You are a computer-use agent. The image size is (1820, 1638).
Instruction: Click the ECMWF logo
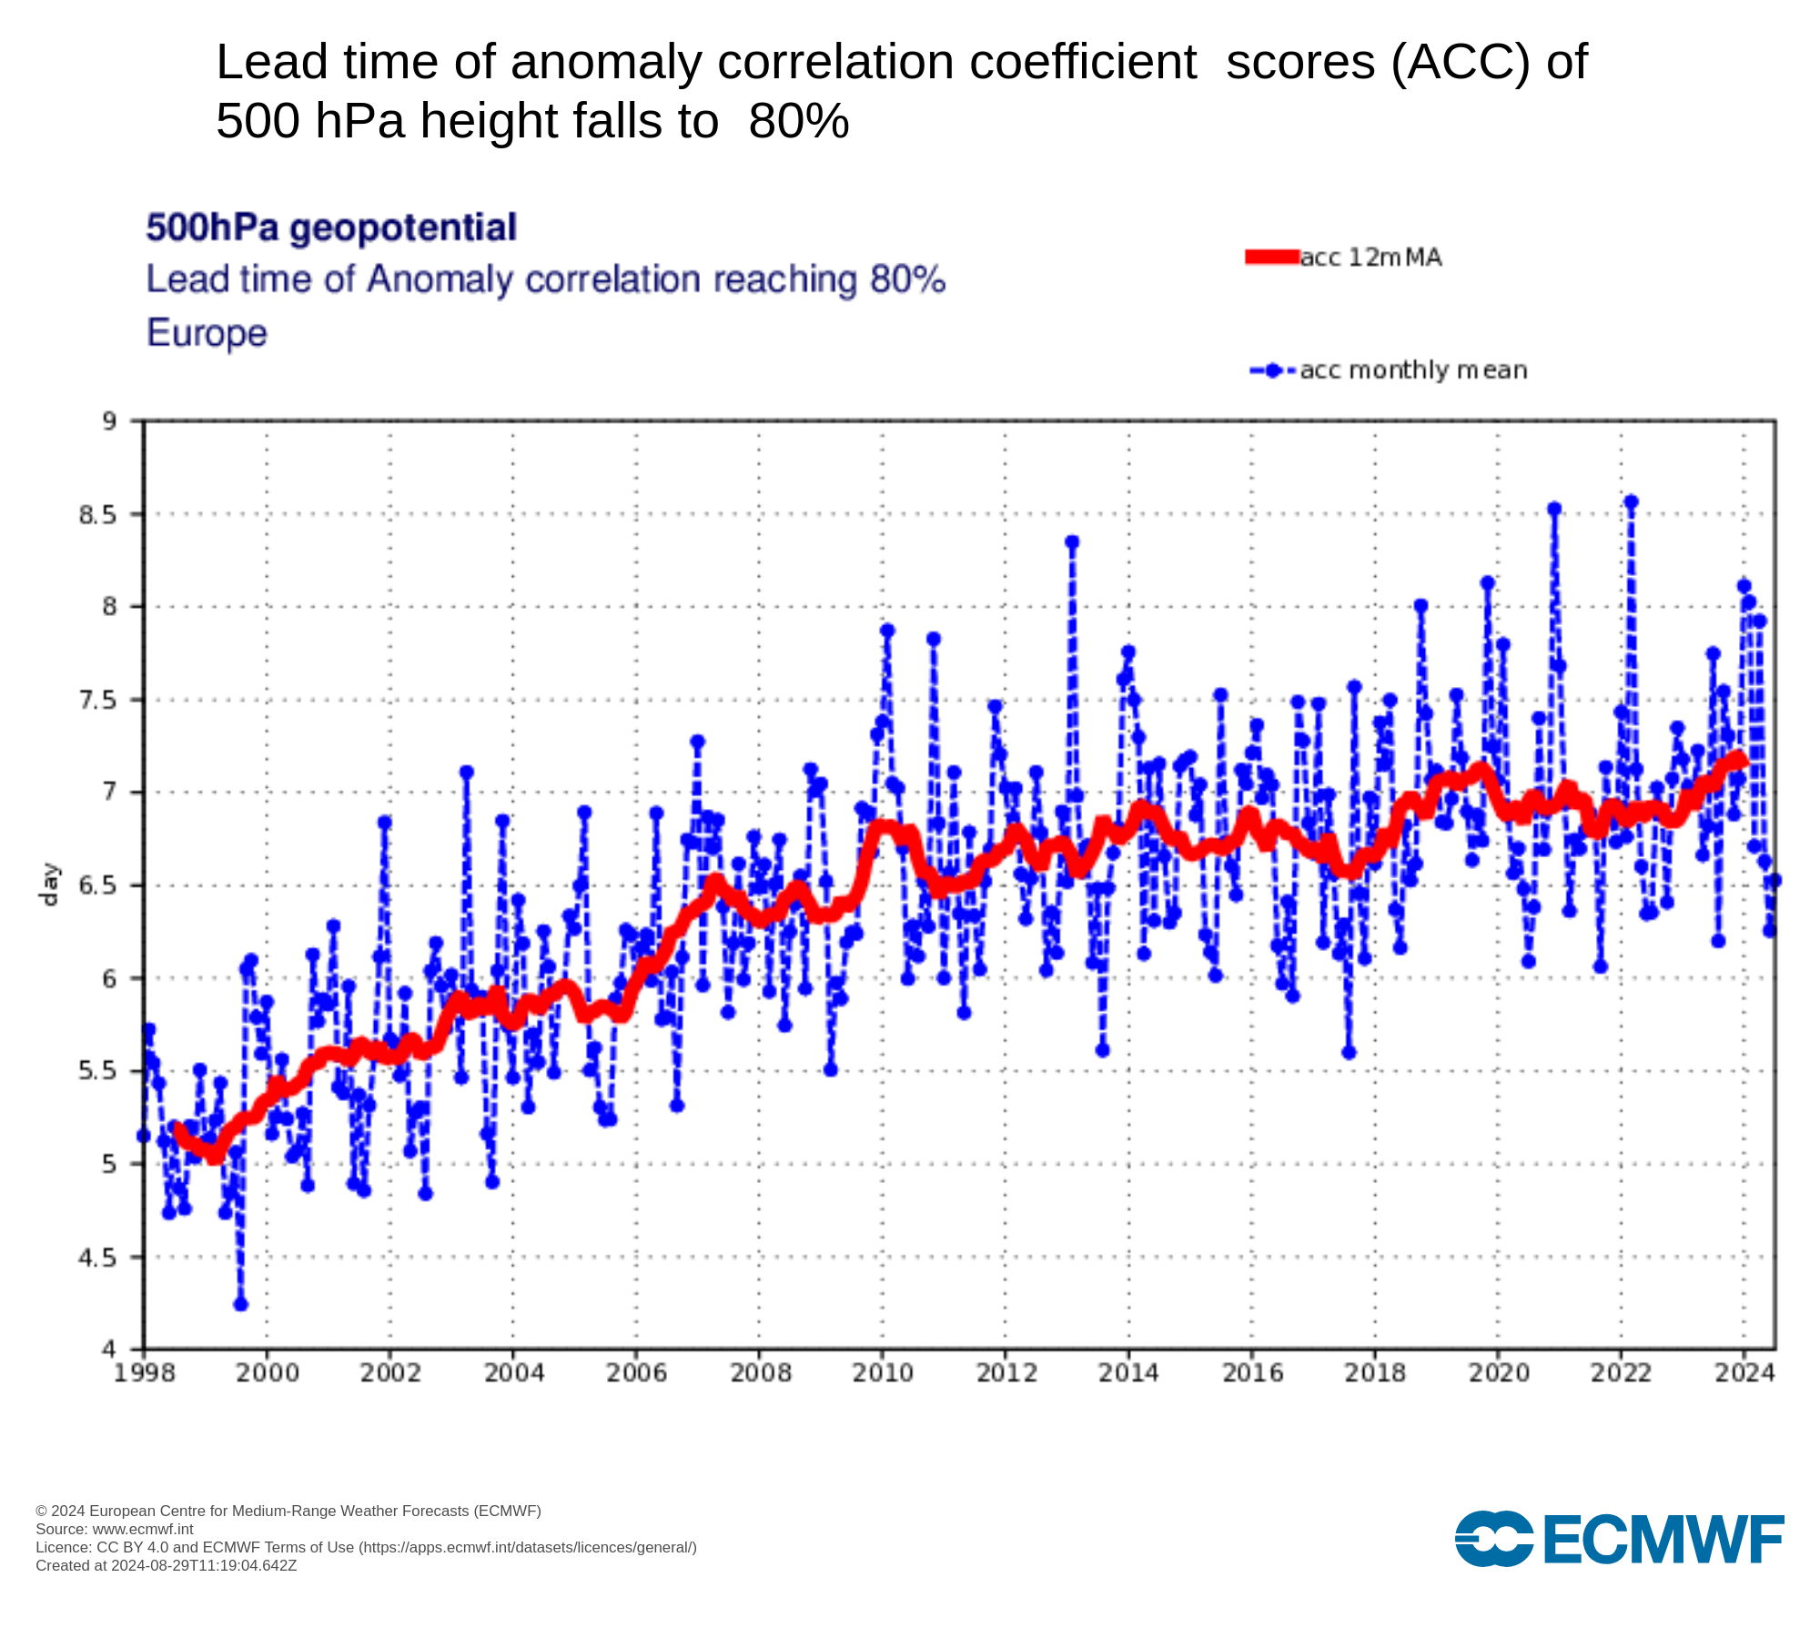click(x=1619, y=1539)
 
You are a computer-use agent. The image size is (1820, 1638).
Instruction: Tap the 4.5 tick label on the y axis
click(x=98, y=1258)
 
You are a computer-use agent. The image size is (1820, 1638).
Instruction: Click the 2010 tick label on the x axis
click(x=883, y=1373)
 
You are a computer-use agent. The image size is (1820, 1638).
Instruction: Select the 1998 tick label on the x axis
click(x=144, y=1373)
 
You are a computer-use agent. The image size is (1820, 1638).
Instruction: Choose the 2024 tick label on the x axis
click(x=1744, y=1373)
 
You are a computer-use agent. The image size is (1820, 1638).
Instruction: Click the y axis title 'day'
click(x=49, y=885)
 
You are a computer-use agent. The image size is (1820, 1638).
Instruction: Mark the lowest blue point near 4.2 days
click(x=240, y=1304)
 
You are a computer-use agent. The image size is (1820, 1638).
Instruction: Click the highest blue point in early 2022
click(x=1631, y=502)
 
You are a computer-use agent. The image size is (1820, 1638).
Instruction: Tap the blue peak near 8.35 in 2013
click(x=1072, y=542)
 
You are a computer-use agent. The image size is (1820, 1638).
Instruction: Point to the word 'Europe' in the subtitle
click(x=207, y=333)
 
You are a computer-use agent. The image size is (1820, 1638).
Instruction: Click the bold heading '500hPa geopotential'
click(x=331, y=227)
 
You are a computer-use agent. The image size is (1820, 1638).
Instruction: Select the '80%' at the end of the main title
click(x=798, y=121)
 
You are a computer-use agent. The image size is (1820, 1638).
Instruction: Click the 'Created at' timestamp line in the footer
click(x=167, y=1565)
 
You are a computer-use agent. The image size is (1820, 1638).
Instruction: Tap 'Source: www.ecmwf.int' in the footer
click(x=115, y=1529)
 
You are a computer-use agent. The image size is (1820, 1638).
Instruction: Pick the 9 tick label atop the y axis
click(x=109, y=421)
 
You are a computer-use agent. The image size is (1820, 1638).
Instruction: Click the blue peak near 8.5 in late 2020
click(x=1554, y=510)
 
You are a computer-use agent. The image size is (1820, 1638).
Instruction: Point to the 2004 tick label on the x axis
click(x=513, y=1373)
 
